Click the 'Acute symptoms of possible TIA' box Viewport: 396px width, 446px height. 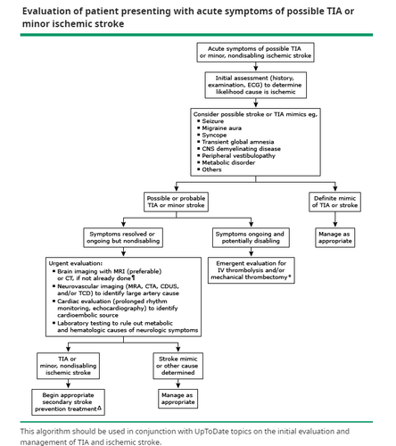(255, 53)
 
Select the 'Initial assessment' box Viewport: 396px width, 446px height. (256, 85)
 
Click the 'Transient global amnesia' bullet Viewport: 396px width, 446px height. (235, 142)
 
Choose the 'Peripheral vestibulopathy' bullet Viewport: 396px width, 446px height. (236, 156)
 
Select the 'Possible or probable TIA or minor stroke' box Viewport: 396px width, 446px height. (176, 202)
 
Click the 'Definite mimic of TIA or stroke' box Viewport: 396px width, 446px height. (335, 202)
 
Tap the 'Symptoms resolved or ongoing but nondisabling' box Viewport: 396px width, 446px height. (123, 237)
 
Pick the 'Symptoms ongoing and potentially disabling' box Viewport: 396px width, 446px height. (251, 237)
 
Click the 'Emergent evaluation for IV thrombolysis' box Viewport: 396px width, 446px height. (252, 270)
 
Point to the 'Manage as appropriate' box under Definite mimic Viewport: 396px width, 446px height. (335, 237)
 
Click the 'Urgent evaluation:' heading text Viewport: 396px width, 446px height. (76, 263)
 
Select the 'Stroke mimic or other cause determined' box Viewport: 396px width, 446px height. (178, 366)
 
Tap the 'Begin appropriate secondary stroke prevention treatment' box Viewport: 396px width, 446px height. (69, 402)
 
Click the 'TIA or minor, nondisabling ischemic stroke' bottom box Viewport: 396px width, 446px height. (68, 366)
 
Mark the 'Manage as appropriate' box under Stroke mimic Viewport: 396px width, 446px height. (177, 399)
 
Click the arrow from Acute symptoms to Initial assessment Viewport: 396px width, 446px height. (256, 67)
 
